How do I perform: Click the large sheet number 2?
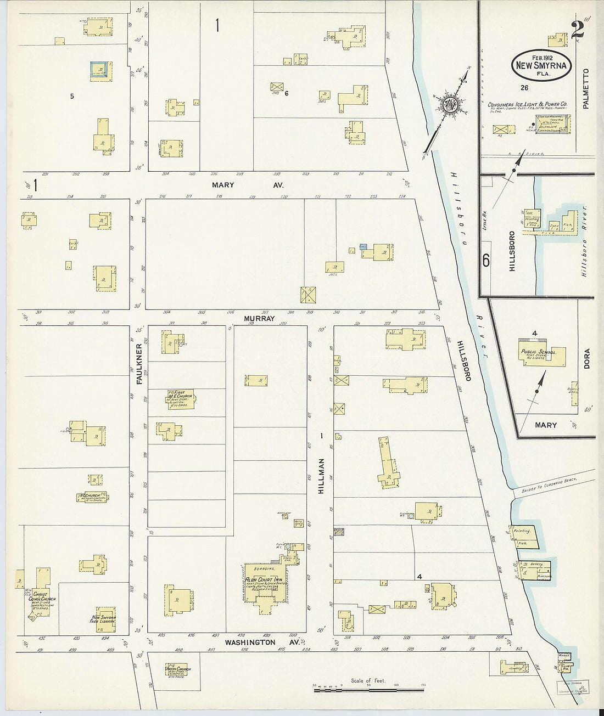coord(577,30)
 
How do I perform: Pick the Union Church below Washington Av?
coord(177,670)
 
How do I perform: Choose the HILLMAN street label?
coord(323,477)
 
